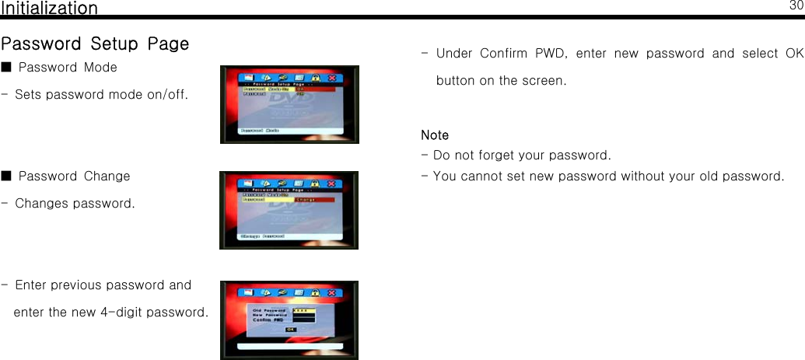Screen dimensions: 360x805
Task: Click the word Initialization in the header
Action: pyautogui.click(x=50, y=9)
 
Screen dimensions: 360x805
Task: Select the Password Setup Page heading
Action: pyautogui.click(x=95, y=44)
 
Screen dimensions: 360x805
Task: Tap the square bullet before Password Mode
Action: pyautogui.click(x=6, y=68)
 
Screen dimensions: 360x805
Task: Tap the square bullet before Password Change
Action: pyautogui.click(x=6, y=177)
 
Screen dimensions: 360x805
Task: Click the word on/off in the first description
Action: pyautogui.click(x=167, y=95)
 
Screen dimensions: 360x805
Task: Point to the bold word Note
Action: pyautogui.click(x=435, y=135)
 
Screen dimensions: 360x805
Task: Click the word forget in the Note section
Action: pyautogui.click(x=503, y=156)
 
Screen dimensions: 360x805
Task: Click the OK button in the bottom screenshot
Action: pyautogui.click(x=290, y=329)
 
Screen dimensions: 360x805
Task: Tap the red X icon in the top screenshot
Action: pyautogui.click(x=332, y=78)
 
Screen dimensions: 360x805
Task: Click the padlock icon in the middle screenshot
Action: pyautogui.click(x=315, y=184)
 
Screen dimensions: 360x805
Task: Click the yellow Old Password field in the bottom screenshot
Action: pyautogui.click(x=303, y=309)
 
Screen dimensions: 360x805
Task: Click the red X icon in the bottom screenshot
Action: pyautogui.click(x=332, y=293)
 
